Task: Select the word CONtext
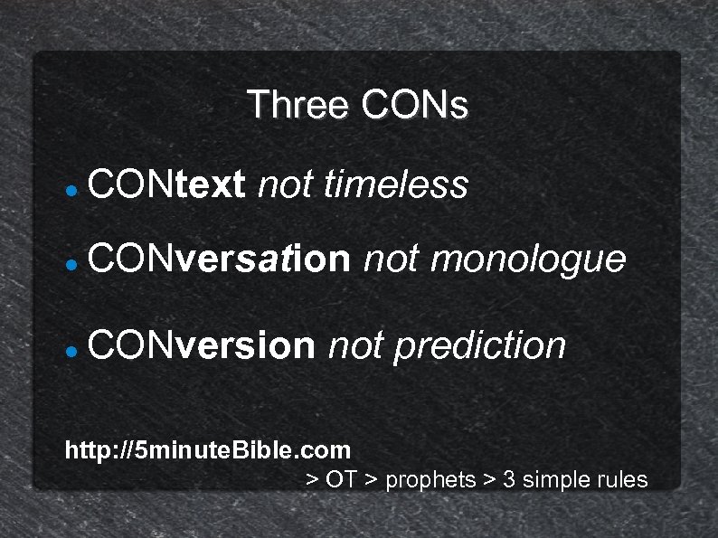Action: (167, 185)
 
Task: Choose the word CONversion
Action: (203, 345)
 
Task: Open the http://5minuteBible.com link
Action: (208, 449)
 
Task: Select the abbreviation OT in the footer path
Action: (341, 479)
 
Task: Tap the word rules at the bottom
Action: (623, 479)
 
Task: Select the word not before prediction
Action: (354, 345)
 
